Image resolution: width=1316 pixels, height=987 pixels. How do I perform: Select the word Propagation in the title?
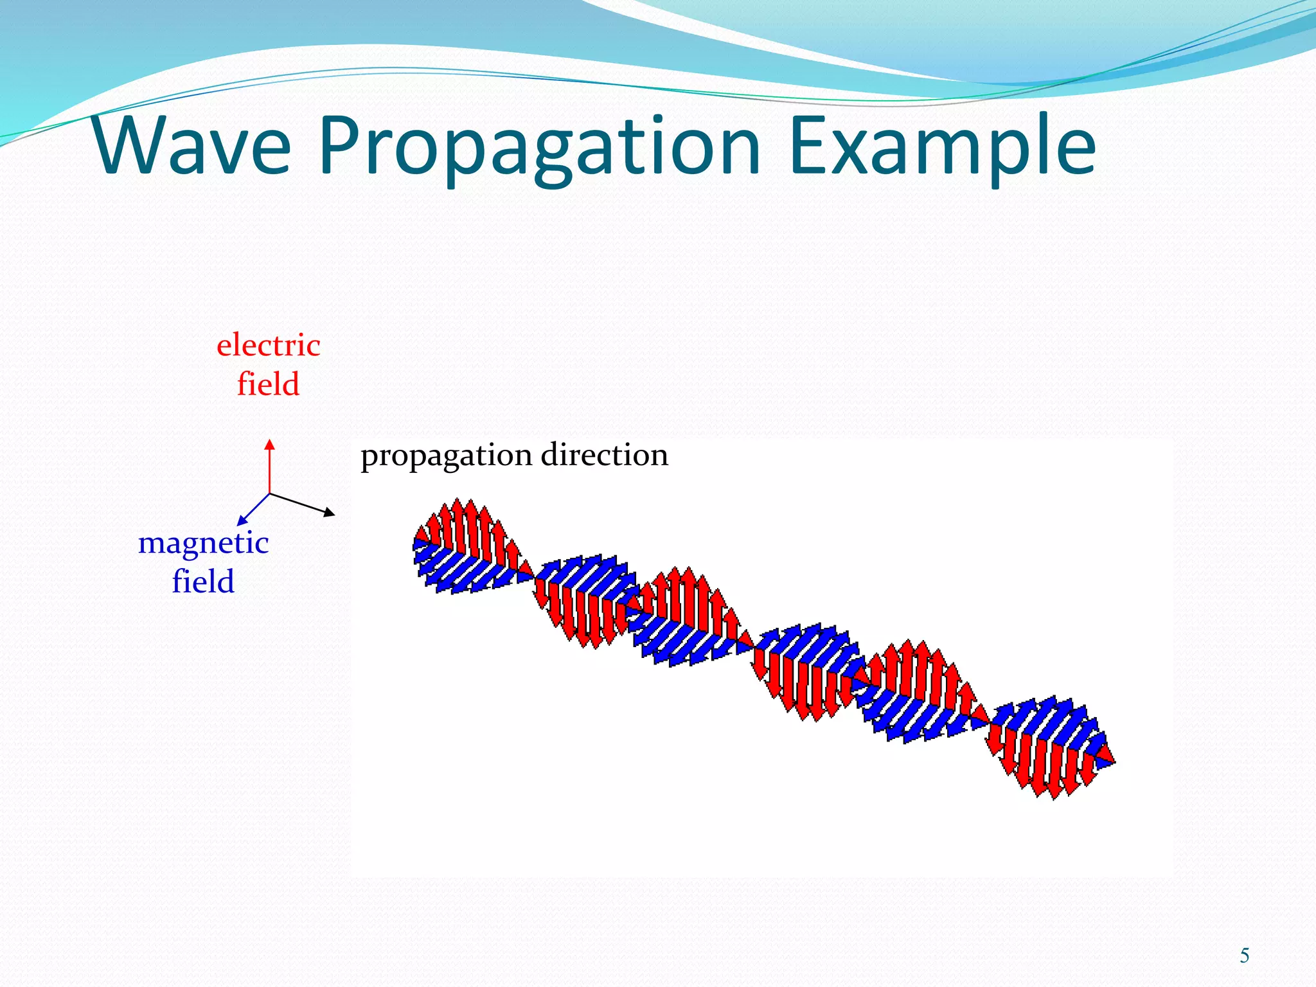click(x=540, y=148)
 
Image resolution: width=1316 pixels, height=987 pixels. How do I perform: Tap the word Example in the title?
click(x=942, y=148)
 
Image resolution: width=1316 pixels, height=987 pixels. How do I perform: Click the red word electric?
click(x=268, y=346)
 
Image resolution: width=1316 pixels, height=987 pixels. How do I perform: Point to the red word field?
click(x=268, y=384)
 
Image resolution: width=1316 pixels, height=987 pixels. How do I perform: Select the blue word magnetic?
click(x=203, y=544)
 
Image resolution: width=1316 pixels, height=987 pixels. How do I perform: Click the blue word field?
click(x=203, y=582)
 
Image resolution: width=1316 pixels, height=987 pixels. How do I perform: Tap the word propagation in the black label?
click(x=446, y=456)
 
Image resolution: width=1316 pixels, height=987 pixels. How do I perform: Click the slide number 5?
click(x=1244, y=956)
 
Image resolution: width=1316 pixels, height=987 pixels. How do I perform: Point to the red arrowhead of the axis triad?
click(x=270, y=444)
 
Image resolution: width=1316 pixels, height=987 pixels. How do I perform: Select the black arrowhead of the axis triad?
click(x=329, y=512)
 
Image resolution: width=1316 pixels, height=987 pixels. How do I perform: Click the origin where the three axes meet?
click(x=270, y=493)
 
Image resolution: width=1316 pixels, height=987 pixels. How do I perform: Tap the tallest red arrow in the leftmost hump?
click(x=458, y=504)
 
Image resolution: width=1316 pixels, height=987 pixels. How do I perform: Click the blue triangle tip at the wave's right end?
click(x=1114, y=763)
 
